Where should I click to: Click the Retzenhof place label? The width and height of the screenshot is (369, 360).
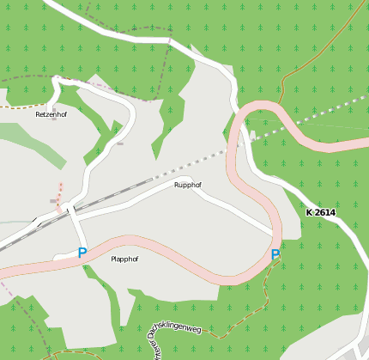point(51,113)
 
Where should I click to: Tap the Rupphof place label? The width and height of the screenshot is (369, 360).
point(187,185)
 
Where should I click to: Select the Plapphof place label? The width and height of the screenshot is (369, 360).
point(124,259)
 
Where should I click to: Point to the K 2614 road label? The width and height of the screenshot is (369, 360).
point(320,212)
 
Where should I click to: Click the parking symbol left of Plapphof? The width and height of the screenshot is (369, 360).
point(82,253)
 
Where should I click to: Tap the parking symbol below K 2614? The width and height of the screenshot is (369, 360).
point(275,254)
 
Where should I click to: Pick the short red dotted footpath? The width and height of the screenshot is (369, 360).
point(59,196)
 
